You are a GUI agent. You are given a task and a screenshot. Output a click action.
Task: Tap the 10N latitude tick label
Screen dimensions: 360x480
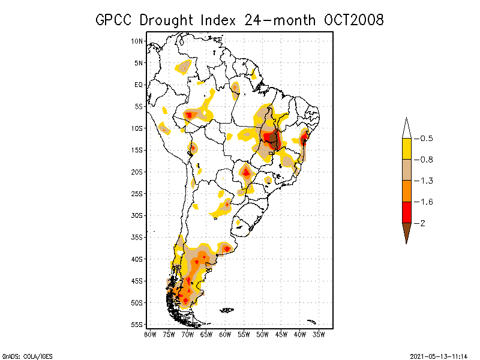pyautogui.click(x=137, y=41)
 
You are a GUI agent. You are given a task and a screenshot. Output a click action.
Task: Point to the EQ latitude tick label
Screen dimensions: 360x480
pyautogui.click(x=139, y=85)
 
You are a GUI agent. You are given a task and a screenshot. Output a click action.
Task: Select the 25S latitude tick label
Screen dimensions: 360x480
pyautogui.click(x=137, y=193)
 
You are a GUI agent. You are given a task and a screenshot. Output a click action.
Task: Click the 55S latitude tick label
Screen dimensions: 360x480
pyautogui.click(x=137, y=324)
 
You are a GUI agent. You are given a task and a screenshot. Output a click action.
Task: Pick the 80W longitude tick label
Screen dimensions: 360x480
pyautogui.click(x=150, y=335)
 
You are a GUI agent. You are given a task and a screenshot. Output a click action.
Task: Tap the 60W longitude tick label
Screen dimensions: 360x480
pyautogui.click(x=225, y=335)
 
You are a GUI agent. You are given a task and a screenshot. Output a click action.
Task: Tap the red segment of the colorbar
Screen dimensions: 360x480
pyautogui.click(x=406, y=212)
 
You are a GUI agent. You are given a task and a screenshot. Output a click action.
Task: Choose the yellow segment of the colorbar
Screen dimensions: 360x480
pyautogui.click(x=406, y=149)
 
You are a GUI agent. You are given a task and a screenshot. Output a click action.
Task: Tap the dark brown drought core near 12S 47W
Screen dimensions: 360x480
pyautogui.click(x=274, y=140)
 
